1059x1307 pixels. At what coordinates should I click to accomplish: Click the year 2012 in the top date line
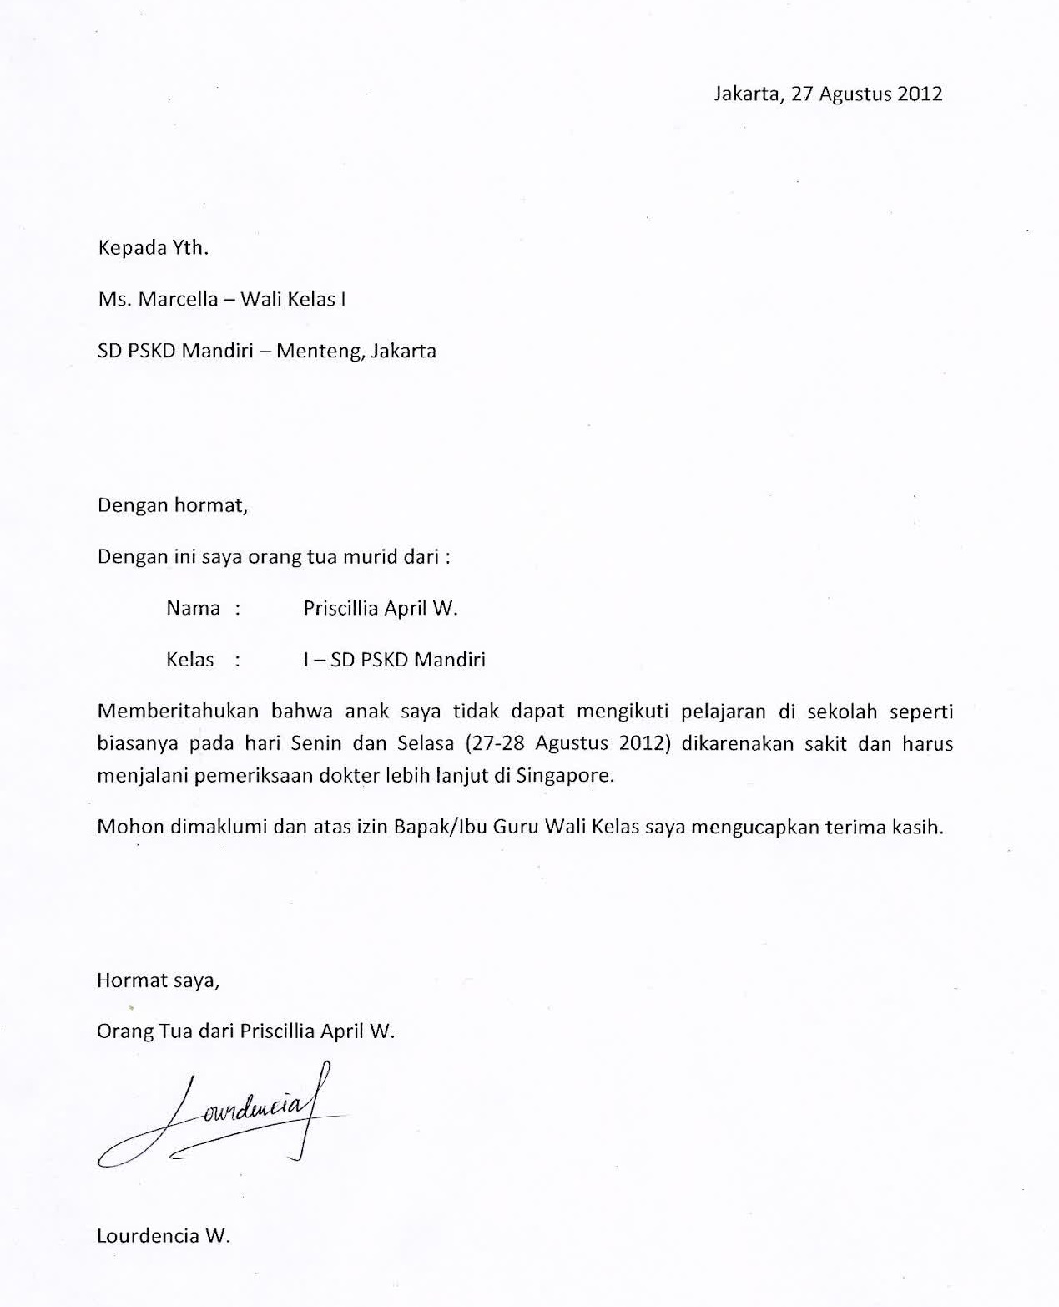[x=920, y=94]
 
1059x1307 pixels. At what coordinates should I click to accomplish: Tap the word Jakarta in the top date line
[x=747, y=94]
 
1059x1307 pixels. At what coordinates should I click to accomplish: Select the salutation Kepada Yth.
[x=153, y=248]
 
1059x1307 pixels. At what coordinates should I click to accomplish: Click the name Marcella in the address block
[x=178, y=299]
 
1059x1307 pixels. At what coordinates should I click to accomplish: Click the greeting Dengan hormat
[x=173, y=505]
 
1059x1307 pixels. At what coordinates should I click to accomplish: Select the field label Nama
[x=194, y=608]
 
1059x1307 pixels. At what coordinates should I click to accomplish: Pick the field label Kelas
[x=190, y=660]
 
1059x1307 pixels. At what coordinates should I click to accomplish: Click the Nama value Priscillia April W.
[x=381, y=608]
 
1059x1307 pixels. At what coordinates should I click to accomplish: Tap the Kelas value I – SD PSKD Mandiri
[x=394, y=660]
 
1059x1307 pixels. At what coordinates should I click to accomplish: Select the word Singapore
[x=565, y=775]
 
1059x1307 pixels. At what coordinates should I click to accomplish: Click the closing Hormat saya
[x=159, y=980]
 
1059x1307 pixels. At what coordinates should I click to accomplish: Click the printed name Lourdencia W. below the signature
[x=164, y=1235]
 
